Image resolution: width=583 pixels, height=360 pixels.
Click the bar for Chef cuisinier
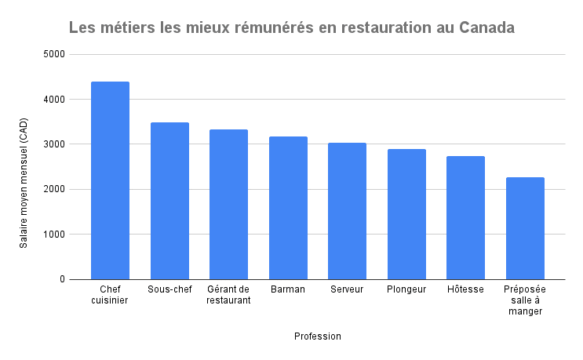pos(110,180)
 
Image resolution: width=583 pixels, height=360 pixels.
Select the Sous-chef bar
pos(169,201)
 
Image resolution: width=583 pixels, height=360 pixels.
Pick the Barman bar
pos(288,208)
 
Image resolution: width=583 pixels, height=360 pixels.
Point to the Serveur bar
pos(347,211)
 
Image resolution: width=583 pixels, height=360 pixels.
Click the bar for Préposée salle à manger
pos(525,228)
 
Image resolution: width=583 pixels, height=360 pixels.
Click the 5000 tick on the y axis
pos(55,55)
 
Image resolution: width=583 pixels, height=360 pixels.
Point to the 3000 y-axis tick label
pos(55,144)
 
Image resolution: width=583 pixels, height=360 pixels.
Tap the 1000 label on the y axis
pos(55,235)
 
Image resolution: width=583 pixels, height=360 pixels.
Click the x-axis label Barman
pos(288,289)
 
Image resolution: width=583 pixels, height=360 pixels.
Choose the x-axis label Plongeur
pos(406,289)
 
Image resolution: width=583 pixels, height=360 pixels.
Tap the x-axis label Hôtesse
pos(465,289)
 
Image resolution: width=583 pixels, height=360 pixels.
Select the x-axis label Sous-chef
pos(169,289)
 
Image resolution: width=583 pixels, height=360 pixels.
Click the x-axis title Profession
pos(318,336)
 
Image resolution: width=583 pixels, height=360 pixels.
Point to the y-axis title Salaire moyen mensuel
pos(24,182)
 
